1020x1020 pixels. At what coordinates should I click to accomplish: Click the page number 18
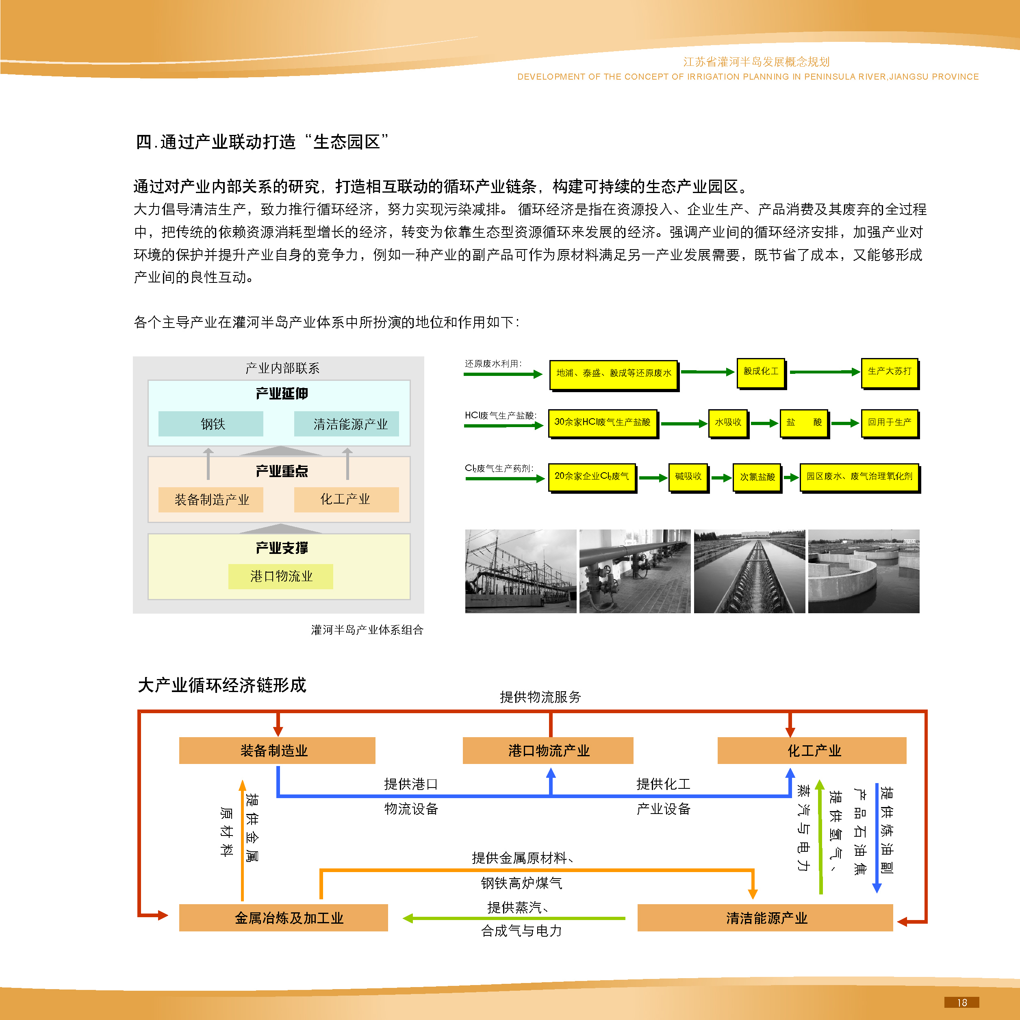click(x=961, y=1002)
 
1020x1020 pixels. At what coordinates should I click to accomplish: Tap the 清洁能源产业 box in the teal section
click(x=346, y=424)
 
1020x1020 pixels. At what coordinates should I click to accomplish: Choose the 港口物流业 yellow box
click(x=280, y=576)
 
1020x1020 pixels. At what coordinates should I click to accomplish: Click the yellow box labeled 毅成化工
click(x=760, y=372)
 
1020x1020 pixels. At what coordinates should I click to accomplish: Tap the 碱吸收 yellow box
click(x=688, y=477)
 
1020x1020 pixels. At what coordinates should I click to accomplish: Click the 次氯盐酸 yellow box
click(x=757, y=477)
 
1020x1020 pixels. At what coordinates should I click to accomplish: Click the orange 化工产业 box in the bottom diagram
click(x=812, y=750)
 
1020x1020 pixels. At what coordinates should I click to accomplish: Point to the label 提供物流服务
click(x=540, y=697)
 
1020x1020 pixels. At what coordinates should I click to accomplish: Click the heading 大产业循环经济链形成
click(x=222, y=685)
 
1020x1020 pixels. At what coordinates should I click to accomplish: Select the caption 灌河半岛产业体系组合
click(x=367, y=630)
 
